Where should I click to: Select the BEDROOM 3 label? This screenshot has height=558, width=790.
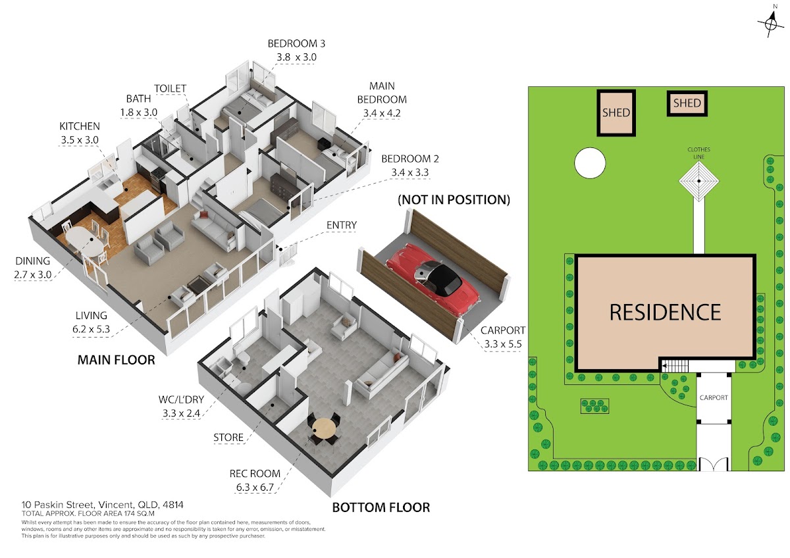point(296,43)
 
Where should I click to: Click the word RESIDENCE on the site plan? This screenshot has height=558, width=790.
point(665,313)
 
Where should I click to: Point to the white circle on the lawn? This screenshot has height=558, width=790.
point(590,163)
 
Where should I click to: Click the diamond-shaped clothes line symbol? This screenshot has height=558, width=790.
point(698,181)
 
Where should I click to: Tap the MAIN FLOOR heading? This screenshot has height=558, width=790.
point(117,360)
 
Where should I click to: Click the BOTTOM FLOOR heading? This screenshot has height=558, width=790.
point(381,507)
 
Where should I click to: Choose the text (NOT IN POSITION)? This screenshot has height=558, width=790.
point(454,199)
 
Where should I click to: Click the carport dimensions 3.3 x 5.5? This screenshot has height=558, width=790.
point(502,343)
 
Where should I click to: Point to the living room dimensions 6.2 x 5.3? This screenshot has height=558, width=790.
point(91,329)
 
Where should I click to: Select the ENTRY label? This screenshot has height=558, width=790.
point(342,225)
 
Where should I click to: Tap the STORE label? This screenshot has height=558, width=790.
point(228,438)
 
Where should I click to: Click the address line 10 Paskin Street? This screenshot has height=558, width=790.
point(102,505)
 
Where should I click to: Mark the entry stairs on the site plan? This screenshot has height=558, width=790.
point(675,366)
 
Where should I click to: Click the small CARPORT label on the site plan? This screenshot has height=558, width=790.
point(714,397)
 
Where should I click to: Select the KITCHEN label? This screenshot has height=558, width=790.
point(80,126)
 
